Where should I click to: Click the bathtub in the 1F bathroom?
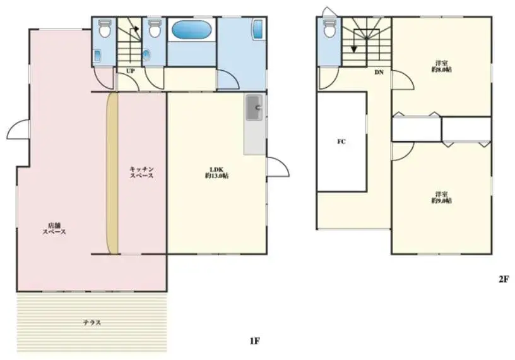tap(191, 30)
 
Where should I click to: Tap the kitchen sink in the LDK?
tap(254, 107)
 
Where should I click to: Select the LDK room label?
tap(216, 172)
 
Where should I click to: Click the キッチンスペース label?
tap(141, 172)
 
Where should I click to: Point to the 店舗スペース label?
tap(54, 229)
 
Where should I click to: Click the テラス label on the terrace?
tap(92, 323)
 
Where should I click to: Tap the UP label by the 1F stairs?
tap(131, 71)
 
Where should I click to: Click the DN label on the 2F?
tap(379, 72)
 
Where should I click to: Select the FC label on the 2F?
tap(341, 141)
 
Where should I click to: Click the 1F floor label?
tap(254, 341)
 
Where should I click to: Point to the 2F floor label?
tap(504, 279)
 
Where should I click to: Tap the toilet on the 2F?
tap(329, 28)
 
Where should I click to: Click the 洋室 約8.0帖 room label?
tap(441, 66)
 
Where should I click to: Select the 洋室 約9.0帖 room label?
tap(441, 197)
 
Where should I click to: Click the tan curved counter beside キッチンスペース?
tap(112, 173)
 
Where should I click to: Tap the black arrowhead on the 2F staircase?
tap(353, 49)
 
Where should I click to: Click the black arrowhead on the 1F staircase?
tap(136, 28)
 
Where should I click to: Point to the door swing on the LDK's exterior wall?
tap(278, 167)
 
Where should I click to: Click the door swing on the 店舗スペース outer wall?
tap(18, 129)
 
